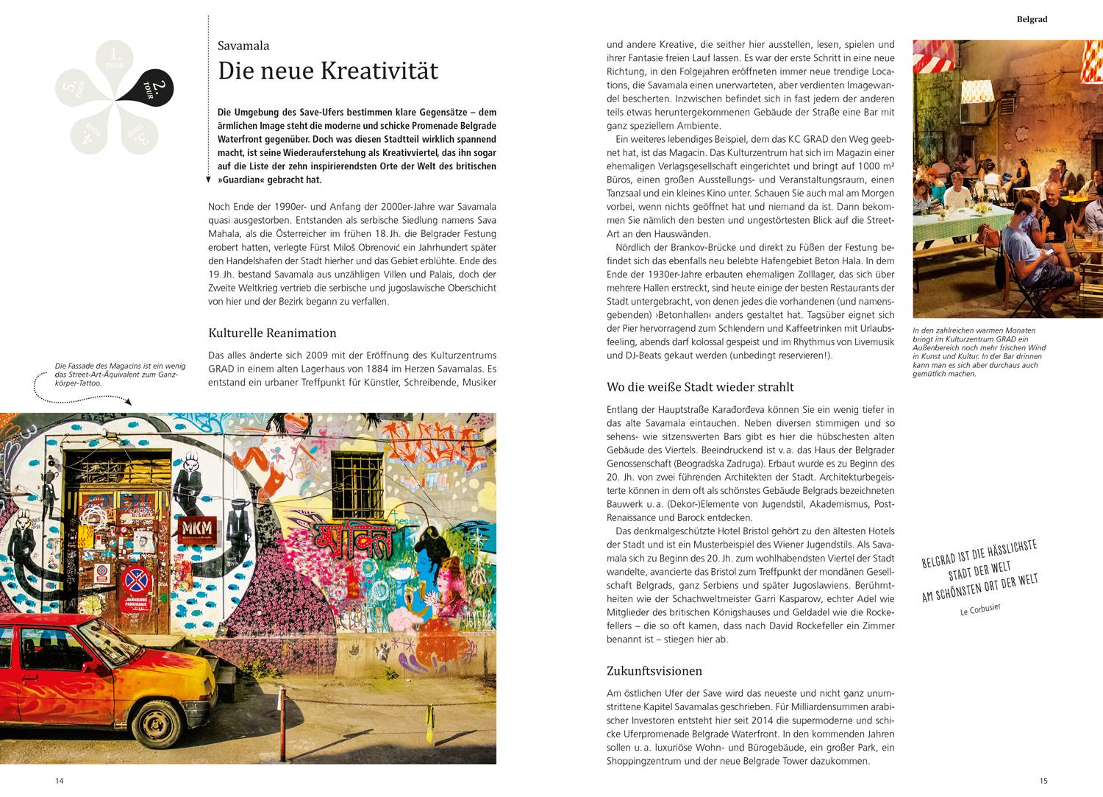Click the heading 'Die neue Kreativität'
(x=328, y=71)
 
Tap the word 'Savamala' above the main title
(x=243, y=46)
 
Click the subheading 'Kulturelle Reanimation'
(x=273, y=333)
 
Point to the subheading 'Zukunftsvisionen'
(x=654, y=670)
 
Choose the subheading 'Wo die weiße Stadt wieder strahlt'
(x=700, y=386)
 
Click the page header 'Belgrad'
(x=1032, y=20)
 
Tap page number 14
(x=60, y=781)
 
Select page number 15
(x=1043, y=781)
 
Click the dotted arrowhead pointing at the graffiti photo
(x=129, y=402)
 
